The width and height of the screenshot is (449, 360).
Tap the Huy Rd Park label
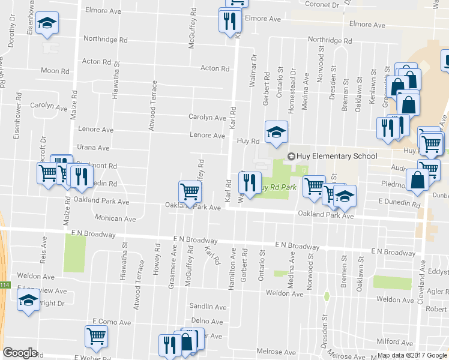tap(277, 187)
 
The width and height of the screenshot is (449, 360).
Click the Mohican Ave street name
tap(114, 219)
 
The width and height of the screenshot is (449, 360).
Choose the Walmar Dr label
tap(254, 67)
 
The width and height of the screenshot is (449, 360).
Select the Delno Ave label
tap(207, 321)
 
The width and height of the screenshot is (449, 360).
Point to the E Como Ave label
tap(112, 322)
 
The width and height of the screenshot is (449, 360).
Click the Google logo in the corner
tap(19, 353)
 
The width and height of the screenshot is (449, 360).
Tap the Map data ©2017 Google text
tap(412, 355)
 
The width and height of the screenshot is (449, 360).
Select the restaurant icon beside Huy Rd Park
tap(250, 182)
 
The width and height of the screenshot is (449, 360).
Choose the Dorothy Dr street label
tap(11, 35)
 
